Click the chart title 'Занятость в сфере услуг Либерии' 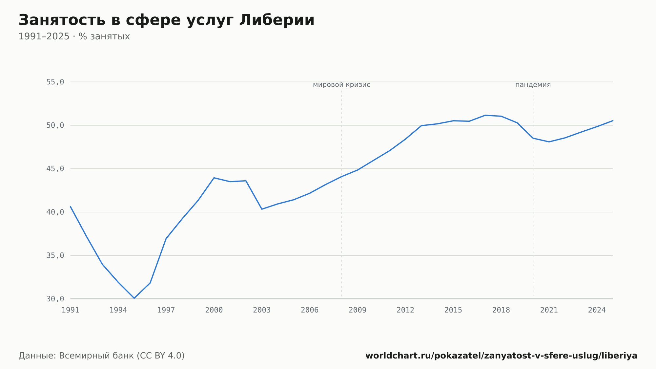tap(166, 20)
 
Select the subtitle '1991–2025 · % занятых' tap(74, 36)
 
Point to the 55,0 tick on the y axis tap(55, 82)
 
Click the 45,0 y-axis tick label tap(55, 169)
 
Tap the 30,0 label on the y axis tap(55, 299)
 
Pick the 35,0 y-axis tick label tap(55, 255)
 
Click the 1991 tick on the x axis tap(71, 310)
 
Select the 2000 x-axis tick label tap(214, 310)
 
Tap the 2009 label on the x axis tap(358, 310)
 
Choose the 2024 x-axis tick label tap(597, 310)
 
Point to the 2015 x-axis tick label tap(453, 310)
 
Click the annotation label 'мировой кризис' tap(341, 85)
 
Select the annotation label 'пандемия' tap(533, 85)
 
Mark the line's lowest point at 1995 tap(134, 298)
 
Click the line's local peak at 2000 tap(214, 178)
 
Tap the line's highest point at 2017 tap(485, 115)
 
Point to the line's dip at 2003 tap(262, 209)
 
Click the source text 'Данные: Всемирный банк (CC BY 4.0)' tap(102, 356)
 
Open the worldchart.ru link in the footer tap(502, 356)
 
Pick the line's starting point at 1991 tap(71, 206)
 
